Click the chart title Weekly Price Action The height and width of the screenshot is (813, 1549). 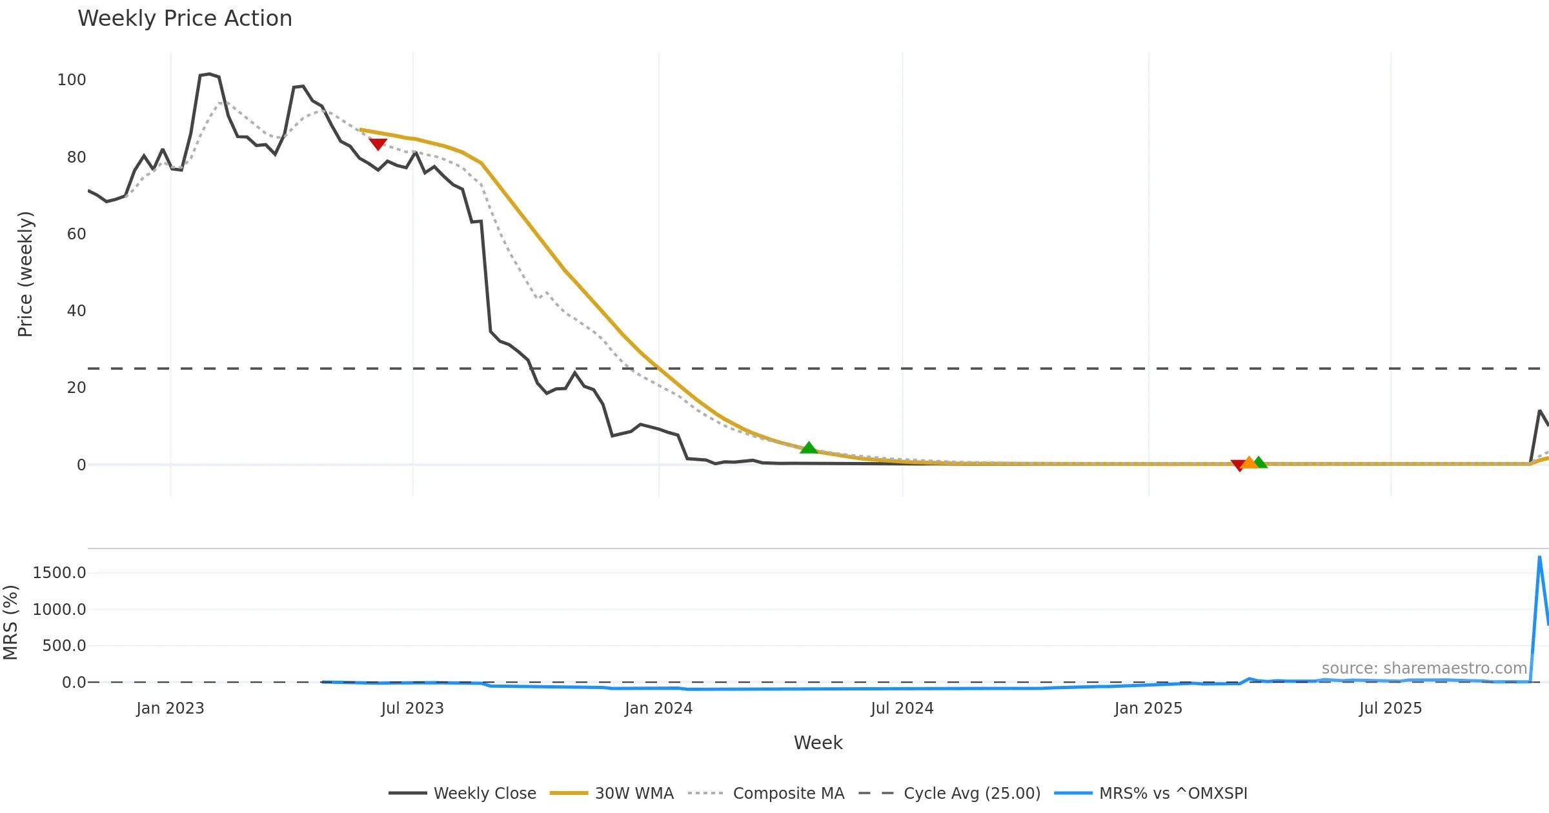(185, 19)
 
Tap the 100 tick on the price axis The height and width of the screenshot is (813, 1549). (72, 80)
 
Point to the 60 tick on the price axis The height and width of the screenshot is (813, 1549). (76, 234)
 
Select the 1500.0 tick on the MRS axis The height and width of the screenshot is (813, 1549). (59, 573)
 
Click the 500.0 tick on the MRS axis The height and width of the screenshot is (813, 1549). (64, 646)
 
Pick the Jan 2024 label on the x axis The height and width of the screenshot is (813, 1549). (658, 708)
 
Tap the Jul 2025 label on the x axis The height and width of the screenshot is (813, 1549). (1390, 708)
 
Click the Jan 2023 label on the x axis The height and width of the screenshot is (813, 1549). (170, 708)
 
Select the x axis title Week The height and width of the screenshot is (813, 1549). (818, 743)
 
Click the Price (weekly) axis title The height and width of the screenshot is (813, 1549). (25, 274)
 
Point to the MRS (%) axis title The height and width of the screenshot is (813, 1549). (10, 623)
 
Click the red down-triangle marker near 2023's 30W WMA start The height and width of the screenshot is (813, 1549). (378, 144)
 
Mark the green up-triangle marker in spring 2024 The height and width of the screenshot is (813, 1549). (809, 448)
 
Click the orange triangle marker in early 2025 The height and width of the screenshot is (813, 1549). (1250, 463)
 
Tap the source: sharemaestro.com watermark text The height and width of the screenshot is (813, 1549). (1424, 668)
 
